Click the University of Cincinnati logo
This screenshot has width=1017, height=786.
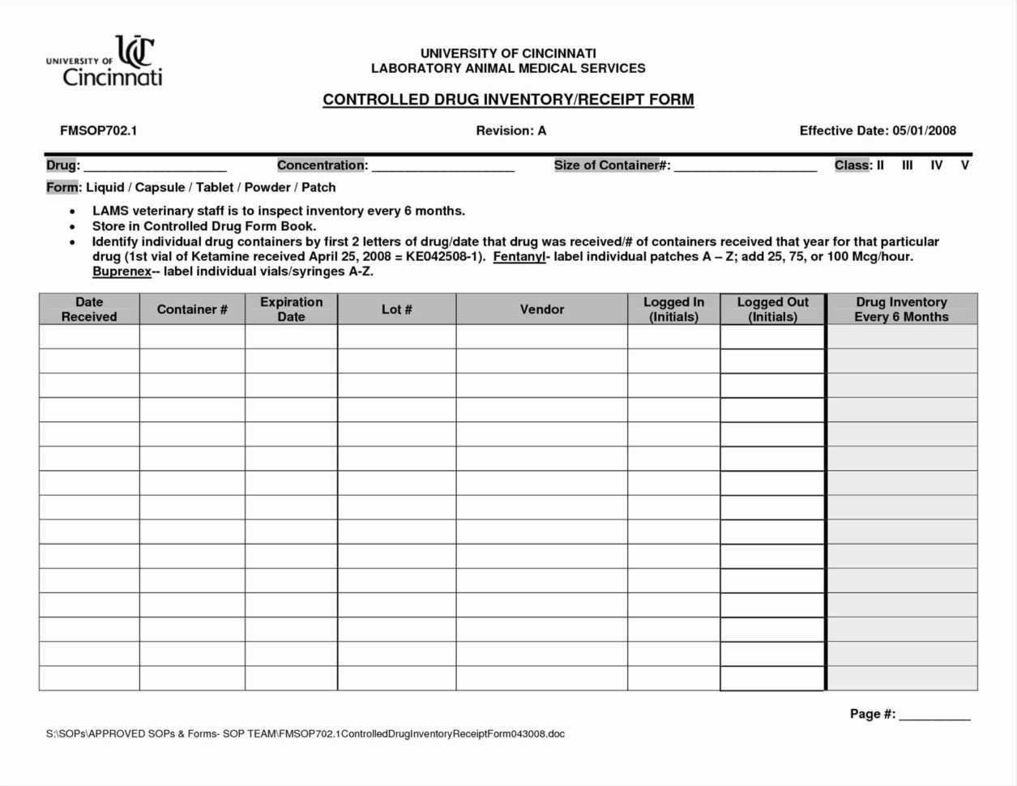click(105, 62)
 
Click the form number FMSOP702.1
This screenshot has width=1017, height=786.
click(98, 130)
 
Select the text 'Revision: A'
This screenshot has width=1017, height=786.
click(511, 130)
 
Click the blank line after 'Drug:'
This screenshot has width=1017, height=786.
click(155, 168)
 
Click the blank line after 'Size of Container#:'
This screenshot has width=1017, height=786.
click(745, 168)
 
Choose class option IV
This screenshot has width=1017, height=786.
click(936, 165)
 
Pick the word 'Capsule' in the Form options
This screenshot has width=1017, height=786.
click(160, 187)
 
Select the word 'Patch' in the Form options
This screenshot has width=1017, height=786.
click(318, 187)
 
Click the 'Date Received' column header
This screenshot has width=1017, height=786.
click(89, 310)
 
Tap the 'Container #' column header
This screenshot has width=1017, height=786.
click(192, 310)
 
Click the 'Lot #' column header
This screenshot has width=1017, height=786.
click(396, 310)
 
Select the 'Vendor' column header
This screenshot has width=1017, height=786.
click(541, 310)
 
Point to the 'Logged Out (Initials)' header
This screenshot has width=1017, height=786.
click(772, 310)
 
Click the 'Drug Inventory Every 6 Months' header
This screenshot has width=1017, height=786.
click(901, 310)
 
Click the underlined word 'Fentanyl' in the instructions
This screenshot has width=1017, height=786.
click(519, 257)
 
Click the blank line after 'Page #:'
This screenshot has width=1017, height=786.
click(934, 716)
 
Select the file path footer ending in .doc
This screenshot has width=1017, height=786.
click(305, 734)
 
